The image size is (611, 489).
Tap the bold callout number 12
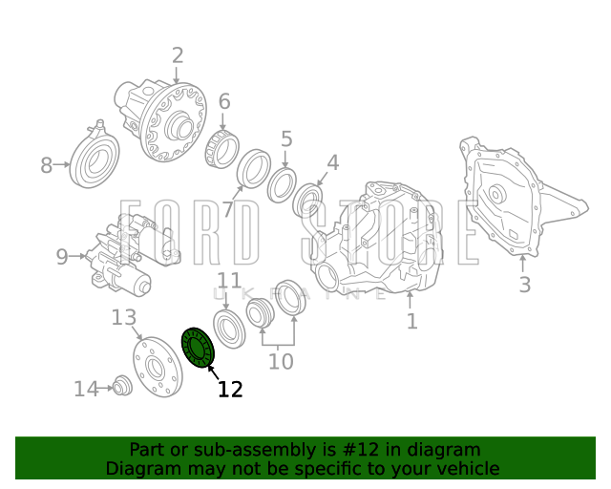(x=230, y=389)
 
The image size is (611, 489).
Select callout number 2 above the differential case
(x=178, y=55)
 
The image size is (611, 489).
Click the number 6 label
(x=224, y=101)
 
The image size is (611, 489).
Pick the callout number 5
(x=286, y=139)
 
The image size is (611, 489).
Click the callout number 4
(x=333, y=163)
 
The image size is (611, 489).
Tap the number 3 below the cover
(x=525, y=285)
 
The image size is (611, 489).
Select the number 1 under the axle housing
(x=411, y=321)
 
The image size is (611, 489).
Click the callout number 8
(x=47, y=165)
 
